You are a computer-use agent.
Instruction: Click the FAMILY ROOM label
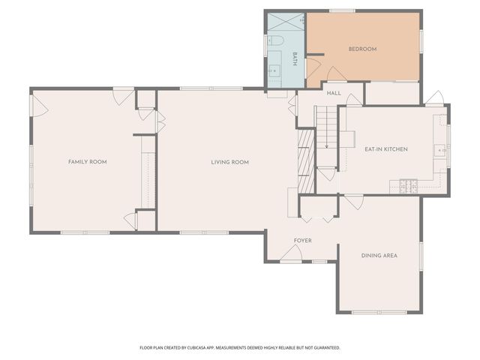coord(87,162)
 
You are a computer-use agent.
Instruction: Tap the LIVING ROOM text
coord(229,162)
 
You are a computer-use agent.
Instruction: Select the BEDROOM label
coord(362,49)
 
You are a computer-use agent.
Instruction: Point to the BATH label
coord(295,59)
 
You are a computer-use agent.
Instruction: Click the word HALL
coord(334,93)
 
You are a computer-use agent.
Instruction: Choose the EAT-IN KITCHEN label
coord(385,149)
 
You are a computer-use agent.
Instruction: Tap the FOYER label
coord(302,240)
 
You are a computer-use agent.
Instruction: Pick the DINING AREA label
coord(379,256)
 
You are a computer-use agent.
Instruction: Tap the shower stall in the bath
coord(286,22)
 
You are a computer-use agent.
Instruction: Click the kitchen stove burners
coord(408,185)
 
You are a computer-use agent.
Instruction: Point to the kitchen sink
coord(439,150)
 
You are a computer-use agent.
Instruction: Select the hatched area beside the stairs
coord(304,153)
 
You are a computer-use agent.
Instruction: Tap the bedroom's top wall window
coord(342,10)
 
